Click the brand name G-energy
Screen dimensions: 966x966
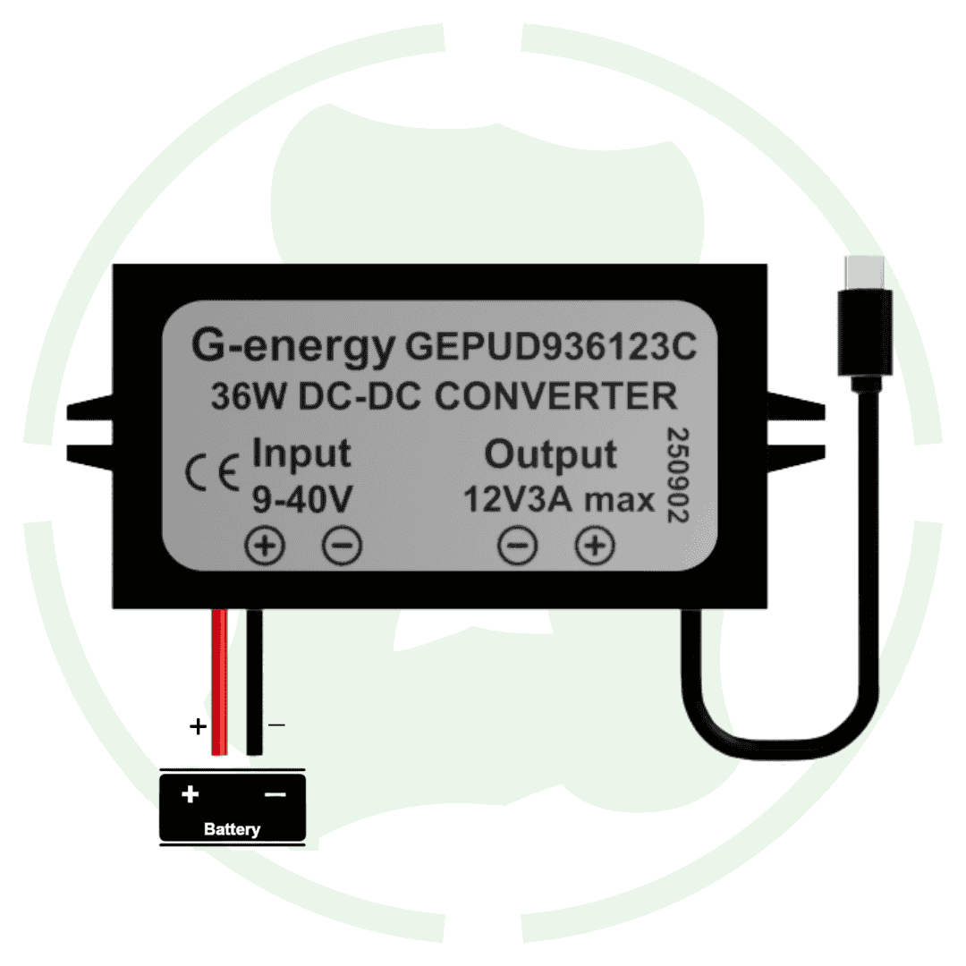[292, 346]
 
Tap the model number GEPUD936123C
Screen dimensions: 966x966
[551, 346]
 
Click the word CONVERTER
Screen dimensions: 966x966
[555, 396]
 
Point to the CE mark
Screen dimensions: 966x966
[211, 471]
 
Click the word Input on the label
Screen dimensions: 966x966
[301, 453]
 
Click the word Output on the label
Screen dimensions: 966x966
[550, 454]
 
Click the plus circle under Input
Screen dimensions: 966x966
[266, 546]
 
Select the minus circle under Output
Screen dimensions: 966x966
[518, 546]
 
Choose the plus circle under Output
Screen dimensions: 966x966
[595, 546]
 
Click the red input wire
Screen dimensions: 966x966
[218, 680]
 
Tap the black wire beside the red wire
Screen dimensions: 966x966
[255, 680]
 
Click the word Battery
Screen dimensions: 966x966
[232, 829]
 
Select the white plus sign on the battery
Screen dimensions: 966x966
[190, 794]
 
